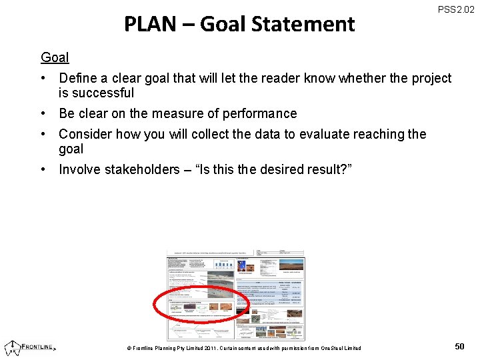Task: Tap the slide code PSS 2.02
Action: pos(456,10)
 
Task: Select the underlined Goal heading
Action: pos(55,57)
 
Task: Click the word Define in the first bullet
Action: pos(79,79)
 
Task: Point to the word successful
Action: pos(105,93)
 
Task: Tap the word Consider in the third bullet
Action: pos(85,134)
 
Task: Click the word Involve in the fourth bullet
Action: pos(81,169)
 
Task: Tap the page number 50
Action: pos(459,346)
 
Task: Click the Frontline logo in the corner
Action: pos(31,347)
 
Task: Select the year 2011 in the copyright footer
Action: pos(212,348)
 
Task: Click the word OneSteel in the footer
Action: pos(331,348)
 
